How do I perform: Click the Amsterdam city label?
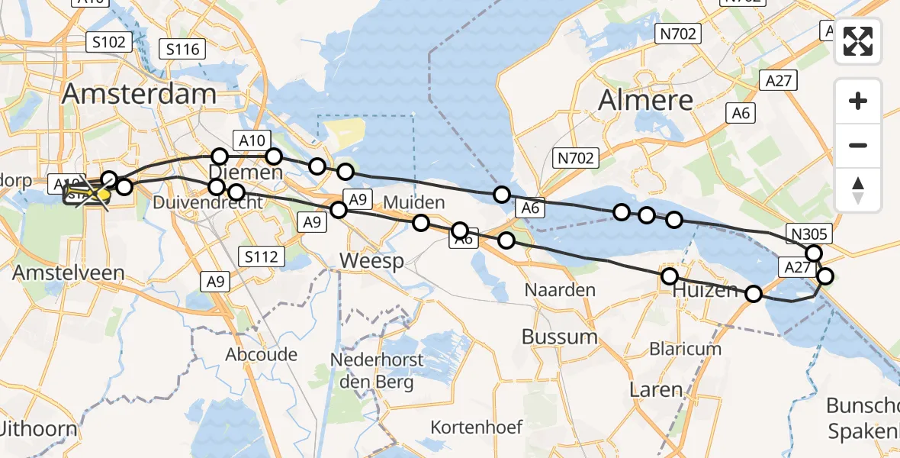(x=139, y=94)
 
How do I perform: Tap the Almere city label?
(x=646, y=100)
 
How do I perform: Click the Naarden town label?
(x=560, y=290)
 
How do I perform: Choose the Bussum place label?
(x=559, y=337)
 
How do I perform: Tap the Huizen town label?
(x=705, y=291)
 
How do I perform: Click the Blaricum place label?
(x=685, y=349)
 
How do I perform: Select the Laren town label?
(x=656, y=389)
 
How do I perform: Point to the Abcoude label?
(x=261, y=355)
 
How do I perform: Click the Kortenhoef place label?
(x=476, y=427)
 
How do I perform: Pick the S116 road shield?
(x=183, y=50)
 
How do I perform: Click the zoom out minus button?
(x=858, y=145)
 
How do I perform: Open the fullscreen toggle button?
(x=858, y=41)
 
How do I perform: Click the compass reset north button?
(x=858, y=189)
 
